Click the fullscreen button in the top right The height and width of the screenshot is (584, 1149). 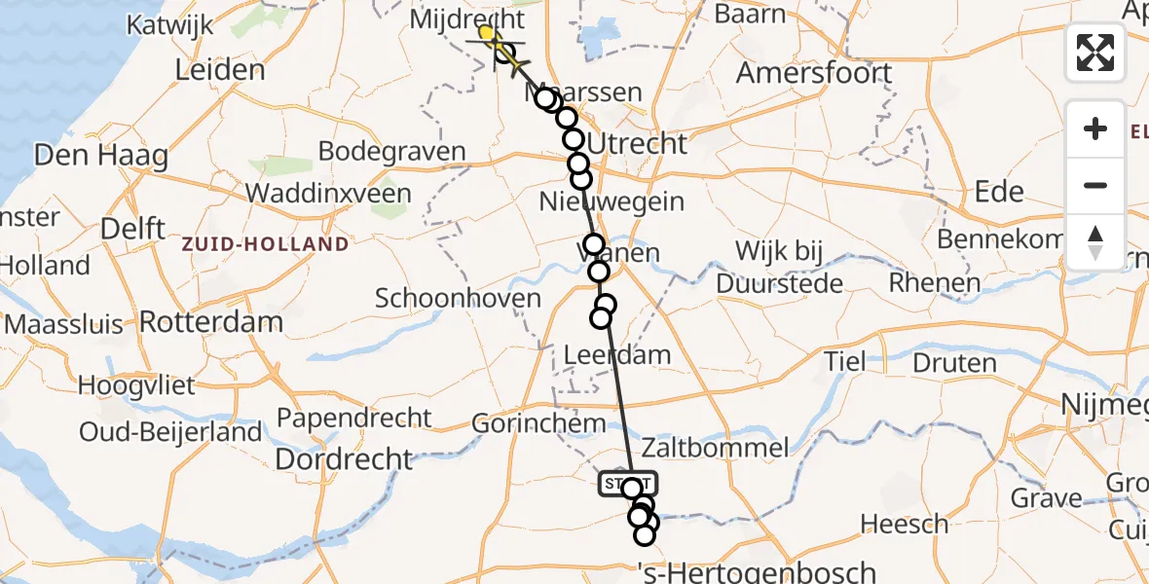click(1095, 53)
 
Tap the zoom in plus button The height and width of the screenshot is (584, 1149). click(1095, 129)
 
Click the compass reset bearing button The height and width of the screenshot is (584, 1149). click(1095, 242)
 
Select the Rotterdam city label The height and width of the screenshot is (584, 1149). click(211, 320)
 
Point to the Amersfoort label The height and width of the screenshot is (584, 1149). click(814, 73)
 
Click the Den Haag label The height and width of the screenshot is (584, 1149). click(100, 156)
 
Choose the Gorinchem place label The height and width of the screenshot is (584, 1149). click(538, 423)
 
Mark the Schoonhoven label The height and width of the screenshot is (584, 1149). click(458, 299)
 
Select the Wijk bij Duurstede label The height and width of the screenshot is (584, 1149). click(779, 267)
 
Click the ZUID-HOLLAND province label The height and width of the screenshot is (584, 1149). click(265, 243)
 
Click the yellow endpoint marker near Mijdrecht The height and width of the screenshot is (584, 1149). click(486, 33)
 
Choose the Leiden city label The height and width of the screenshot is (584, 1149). click(220, 70)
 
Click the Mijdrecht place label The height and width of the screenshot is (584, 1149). click(467, 19)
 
